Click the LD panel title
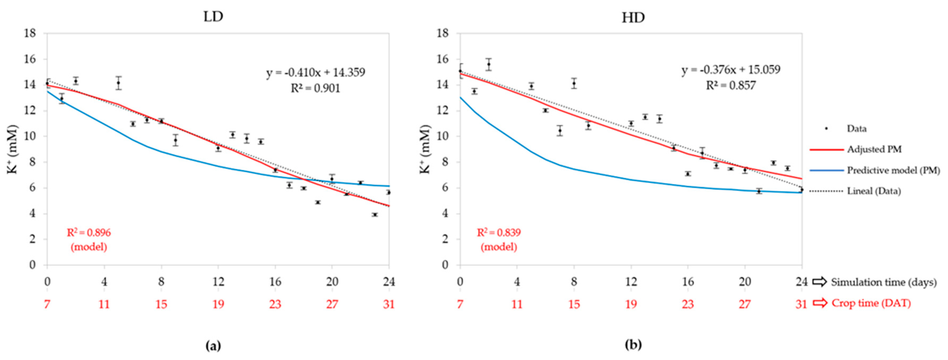pyautogui.click(x=213, y=17)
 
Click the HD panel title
pyautogui.click(x=633, y=17)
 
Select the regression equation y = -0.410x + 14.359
pyautogui.click(x=316, y=73)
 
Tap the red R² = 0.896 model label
pyautogui.click(x=89, y=233)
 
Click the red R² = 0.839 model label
pyautogui.click(x=499, y=233)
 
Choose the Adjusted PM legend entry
pyautogui.click(x=874, y=150)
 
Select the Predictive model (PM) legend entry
pyautogui.click(x=893, y=170)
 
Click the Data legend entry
pyautogui.click(x=856, y=129)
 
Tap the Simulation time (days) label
pyautogui.click(x=884, y=282)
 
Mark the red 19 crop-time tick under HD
pyautogui.click(x=631, y=304)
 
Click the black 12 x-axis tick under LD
pyautogui.click(x=218, y=282)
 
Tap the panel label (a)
pyautogui.click(x=213, y=346)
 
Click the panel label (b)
pyautogui.click(x=633, y=346)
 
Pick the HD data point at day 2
pyautogui.click(x=488, y=64)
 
